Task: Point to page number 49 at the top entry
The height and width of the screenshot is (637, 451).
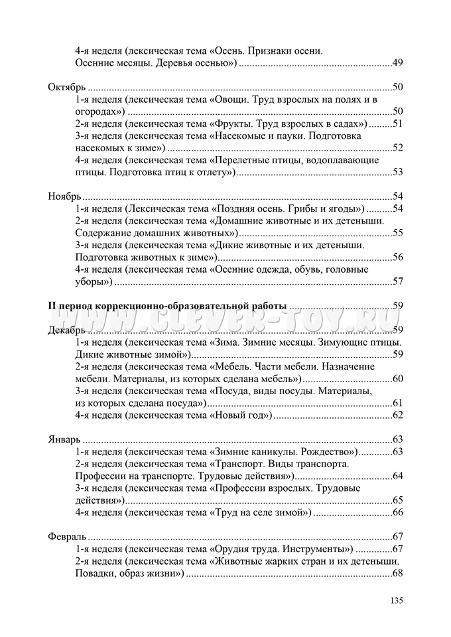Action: pyautogui.click(x=398, y=63)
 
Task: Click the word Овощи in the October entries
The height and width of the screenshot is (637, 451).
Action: pyautogui.click(x=233, y=99)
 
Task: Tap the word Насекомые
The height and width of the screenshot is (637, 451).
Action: pyautogui.click(x=241, y=135)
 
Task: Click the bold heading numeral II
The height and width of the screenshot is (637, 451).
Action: pyautogui.click(x=53, y=306)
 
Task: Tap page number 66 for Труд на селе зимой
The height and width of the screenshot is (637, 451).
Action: pyautogui.click(x=398, y=512)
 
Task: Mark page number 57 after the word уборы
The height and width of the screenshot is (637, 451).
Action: pyautogui.click(x=398, y=281)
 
